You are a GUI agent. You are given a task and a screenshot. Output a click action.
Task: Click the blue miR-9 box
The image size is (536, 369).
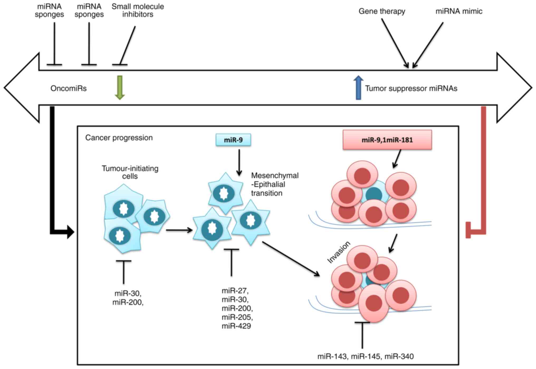point(233,140)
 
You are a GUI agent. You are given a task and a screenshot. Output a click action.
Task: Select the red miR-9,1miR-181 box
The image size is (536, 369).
point(387,140)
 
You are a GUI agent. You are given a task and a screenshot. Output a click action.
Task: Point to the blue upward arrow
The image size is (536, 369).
point(358,88)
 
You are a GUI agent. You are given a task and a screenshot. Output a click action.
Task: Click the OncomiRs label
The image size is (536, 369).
point(69,88)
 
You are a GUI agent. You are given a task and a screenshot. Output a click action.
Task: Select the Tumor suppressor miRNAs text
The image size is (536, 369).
point(411,88)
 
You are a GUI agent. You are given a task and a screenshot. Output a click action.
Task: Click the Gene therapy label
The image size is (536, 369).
point(382,11)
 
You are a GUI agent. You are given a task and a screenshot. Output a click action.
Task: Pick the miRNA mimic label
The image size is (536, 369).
point(459,11)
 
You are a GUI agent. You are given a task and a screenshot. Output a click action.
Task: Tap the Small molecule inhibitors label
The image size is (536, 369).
point(138,10)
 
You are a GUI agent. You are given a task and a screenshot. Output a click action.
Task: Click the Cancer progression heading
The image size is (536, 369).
point(119,138)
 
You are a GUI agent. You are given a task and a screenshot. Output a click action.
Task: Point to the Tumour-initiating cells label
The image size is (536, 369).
point(130,172)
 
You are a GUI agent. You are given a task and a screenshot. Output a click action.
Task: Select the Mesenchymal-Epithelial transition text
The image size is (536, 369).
point(274,184)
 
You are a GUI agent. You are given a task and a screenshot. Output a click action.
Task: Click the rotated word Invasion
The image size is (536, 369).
point(339,252)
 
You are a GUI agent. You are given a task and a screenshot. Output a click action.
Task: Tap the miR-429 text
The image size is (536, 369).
point(236,326)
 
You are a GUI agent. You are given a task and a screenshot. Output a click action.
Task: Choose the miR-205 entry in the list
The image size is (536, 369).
point(237,317)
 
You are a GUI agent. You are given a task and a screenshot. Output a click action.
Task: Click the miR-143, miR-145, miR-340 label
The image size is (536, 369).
point(365,356)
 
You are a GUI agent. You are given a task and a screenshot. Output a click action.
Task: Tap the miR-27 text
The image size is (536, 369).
point(235,291)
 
